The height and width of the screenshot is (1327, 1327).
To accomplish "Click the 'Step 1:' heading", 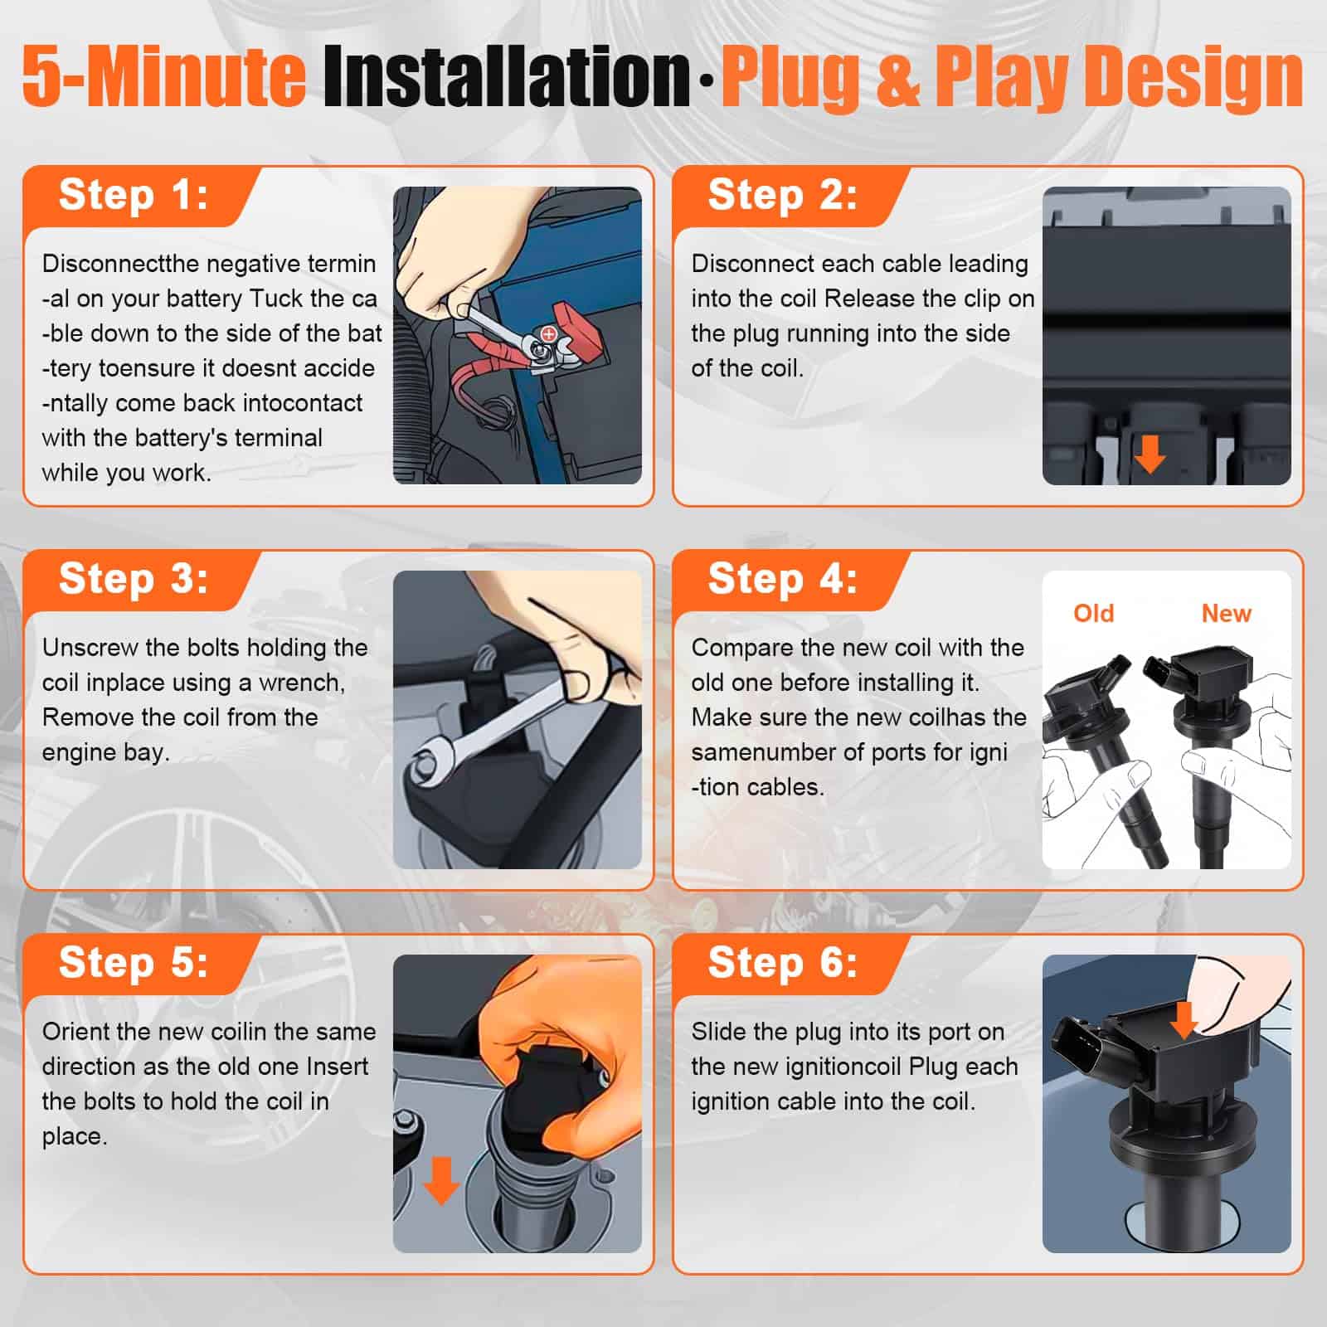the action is (134, 196).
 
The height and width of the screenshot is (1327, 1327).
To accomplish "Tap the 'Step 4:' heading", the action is (782, 579).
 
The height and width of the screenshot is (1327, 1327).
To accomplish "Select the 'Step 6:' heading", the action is (782, 963).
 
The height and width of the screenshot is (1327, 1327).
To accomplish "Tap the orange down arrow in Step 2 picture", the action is (1150, 454).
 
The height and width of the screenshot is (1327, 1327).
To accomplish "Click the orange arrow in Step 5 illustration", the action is (441, 1180).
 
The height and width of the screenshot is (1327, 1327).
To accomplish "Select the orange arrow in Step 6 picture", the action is (1184, 1019).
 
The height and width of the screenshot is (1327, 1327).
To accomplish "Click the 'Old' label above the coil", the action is (1093, 614).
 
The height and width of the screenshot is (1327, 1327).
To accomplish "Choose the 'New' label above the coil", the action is (1226, 614).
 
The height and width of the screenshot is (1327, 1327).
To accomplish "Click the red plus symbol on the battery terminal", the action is (548, 333).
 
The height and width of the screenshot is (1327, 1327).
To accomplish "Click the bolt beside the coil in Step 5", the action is (407, 1120).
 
